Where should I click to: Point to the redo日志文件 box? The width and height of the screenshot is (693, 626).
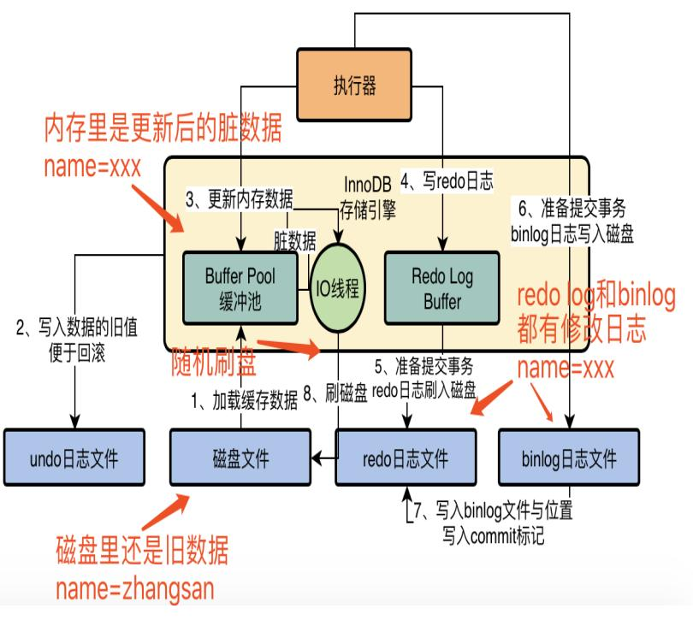tap(406, 458)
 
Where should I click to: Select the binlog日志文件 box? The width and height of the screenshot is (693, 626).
tap(569, 458)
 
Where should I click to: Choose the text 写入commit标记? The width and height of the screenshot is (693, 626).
tap(493, 538)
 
